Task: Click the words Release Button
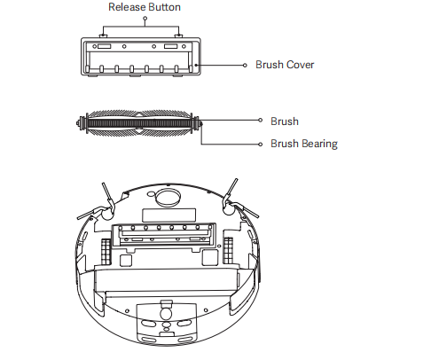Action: coord(145,7)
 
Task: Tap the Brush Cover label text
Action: coord(285,65)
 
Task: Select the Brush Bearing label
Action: coord(304,144)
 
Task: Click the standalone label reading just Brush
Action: coord(285,121)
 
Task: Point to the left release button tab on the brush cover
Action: coord(103,36)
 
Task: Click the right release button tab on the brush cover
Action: coord(178,36)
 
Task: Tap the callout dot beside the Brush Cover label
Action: coord(245,65)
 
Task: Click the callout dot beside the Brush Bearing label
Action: coord(260,145)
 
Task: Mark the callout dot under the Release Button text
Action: coord(145,18)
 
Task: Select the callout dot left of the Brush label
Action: coord(260,120)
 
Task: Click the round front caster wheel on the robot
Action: coord(168,198)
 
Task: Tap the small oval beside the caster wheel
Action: coord(151,194)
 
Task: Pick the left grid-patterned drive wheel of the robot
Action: coord(106,252)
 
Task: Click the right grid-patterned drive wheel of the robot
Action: coord(228,250)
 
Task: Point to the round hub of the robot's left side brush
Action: coord(107,215)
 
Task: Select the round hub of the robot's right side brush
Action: coord(228,209)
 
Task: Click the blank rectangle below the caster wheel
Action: coord(168,215)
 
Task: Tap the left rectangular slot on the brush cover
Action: coord(104,46)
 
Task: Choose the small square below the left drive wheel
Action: coord(126,261)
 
